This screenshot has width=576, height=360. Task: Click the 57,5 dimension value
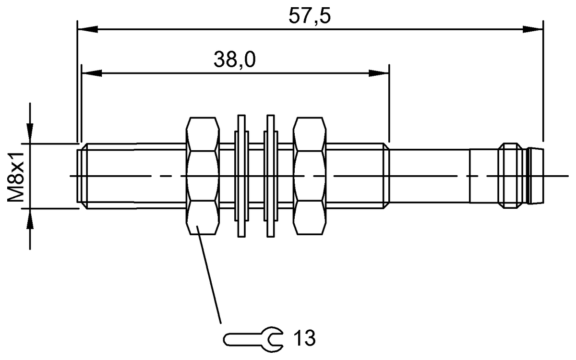[310, 17]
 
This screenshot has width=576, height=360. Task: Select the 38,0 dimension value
[234, 60]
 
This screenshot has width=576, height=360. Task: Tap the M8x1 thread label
[18, 176]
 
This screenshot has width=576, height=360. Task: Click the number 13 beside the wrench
[302, 338]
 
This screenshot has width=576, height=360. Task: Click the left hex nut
[202, 176]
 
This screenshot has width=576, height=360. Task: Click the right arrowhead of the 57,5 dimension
[534, 29]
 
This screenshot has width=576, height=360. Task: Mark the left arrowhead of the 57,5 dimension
[87, 29]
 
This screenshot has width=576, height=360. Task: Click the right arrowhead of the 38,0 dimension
[379, 73]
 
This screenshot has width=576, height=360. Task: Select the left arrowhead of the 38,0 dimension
[92, 73]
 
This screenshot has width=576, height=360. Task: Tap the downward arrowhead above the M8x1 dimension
[30, 132]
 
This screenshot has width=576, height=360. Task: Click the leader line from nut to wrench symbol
[211, 278]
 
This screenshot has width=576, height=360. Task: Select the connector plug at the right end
[521, 176]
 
